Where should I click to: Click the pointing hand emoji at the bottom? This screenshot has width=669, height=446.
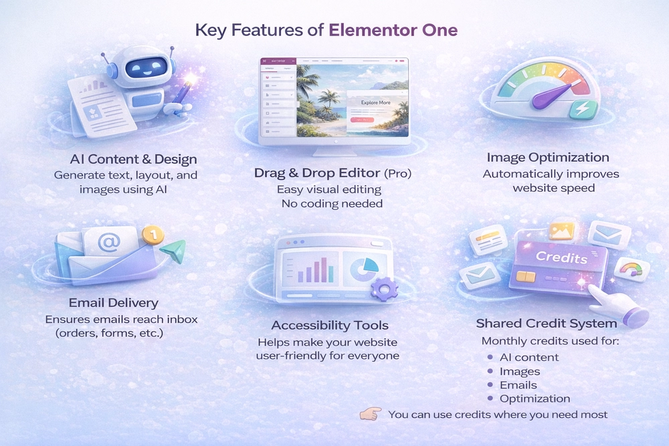[370, 414]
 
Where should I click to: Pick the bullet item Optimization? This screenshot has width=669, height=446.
[535, 399]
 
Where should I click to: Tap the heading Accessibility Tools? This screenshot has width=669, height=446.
[329, 325]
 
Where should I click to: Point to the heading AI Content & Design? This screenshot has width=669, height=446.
[133, 159]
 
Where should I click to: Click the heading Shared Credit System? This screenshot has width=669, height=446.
[546, 323]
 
